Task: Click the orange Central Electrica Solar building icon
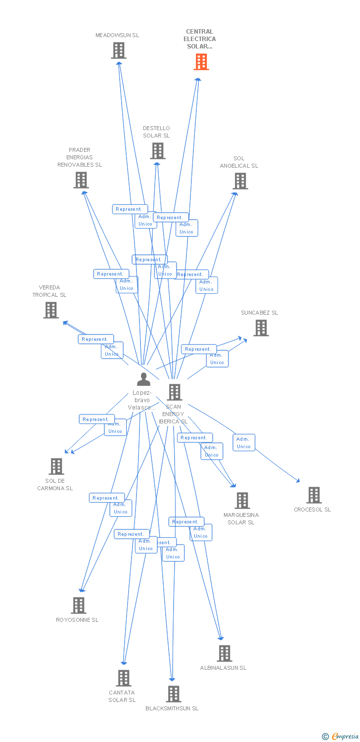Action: point(201,62)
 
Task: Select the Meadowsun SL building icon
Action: point(118,50)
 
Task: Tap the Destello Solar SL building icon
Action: point(157,151)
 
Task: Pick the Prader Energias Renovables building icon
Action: point(81,180)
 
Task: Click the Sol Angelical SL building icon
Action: point(240,181)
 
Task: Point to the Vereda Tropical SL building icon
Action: point(50,310)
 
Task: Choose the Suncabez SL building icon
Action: point(261,327)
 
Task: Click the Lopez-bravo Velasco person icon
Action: point(143,379)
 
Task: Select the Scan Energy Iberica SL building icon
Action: point(174,392)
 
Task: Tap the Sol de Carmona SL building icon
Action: point(56,466)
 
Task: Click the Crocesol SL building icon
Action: point(314,495)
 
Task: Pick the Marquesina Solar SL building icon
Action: point(242,500)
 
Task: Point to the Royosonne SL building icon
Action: point(78,605)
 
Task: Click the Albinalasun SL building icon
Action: point(224,653)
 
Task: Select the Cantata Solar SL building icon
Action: point(123,678)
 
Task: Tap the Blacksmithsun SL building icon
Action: point(173,694)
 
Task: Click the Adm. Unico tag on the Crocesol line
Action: point(243,443)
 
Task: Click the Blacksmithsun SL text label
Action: point(172,708)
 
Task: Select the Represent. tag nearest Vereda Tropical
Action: point(95,339)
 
